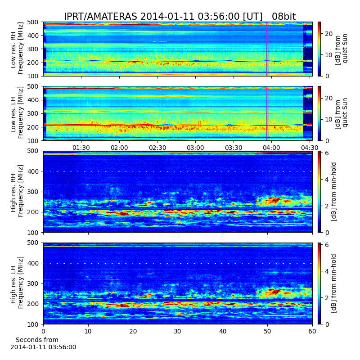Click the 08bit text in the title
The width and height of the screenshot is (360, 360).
click(x=284, y=17)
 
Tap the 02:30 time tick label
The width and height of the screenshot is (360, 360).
click(x=157, y=148)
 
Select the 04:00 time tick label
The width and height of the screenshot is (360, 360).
click(x=271, y=148)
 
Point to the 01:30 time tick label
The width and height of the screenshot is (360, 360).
click(x=81, y=148)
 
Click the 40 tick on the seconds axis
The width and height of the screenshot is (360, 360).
click(x=223, y=331)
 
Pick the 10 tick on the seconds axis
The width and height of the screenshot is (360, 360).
click(x=88, y=331)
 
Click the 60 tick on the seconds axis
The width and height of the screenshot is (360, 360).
click(x=312, y=331)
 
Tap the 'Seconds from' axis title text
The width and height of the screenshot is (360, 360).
click(x=37, y=340)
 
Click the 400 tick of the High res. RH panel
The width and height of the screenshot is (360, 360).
click(x=34, y=171)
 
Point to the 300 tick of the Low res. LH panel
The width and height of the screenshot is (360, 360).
click(x=34, y=113)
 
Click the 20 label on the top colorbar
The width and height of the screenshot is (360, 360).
click(x=328, y=34)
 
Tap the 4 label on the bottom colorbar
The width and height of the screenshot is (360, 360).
click(x=327, y=271)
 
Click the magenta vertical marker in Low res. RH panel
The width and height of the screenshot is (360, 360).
click(x=267, y=49)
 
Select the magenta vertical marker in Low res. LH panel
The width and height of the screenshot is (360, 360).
click(x=267, y=113)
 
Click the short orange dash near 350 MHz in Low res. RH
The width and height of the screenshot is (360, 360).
click(x=160, y=41)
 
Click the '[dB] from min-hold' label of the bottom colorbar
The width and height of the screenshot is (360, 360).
click(x=333, y=283)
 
